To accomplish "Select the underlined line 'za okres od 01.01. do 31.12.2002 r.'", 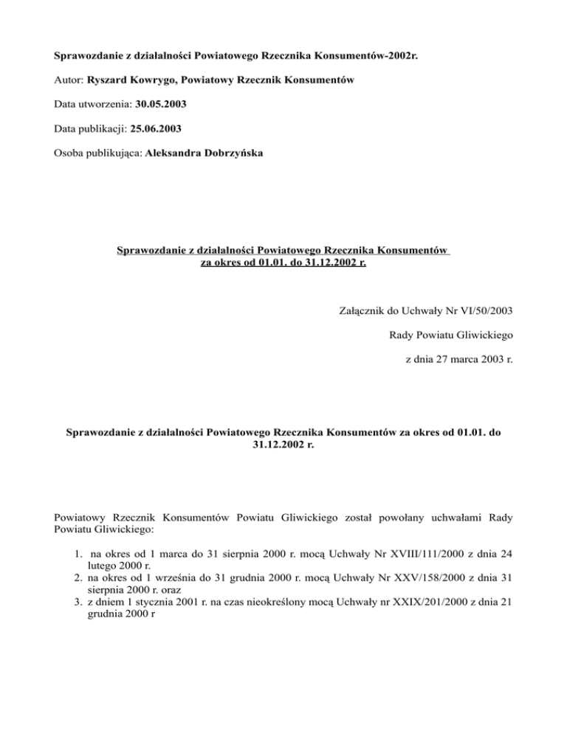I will coord(283,262).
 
